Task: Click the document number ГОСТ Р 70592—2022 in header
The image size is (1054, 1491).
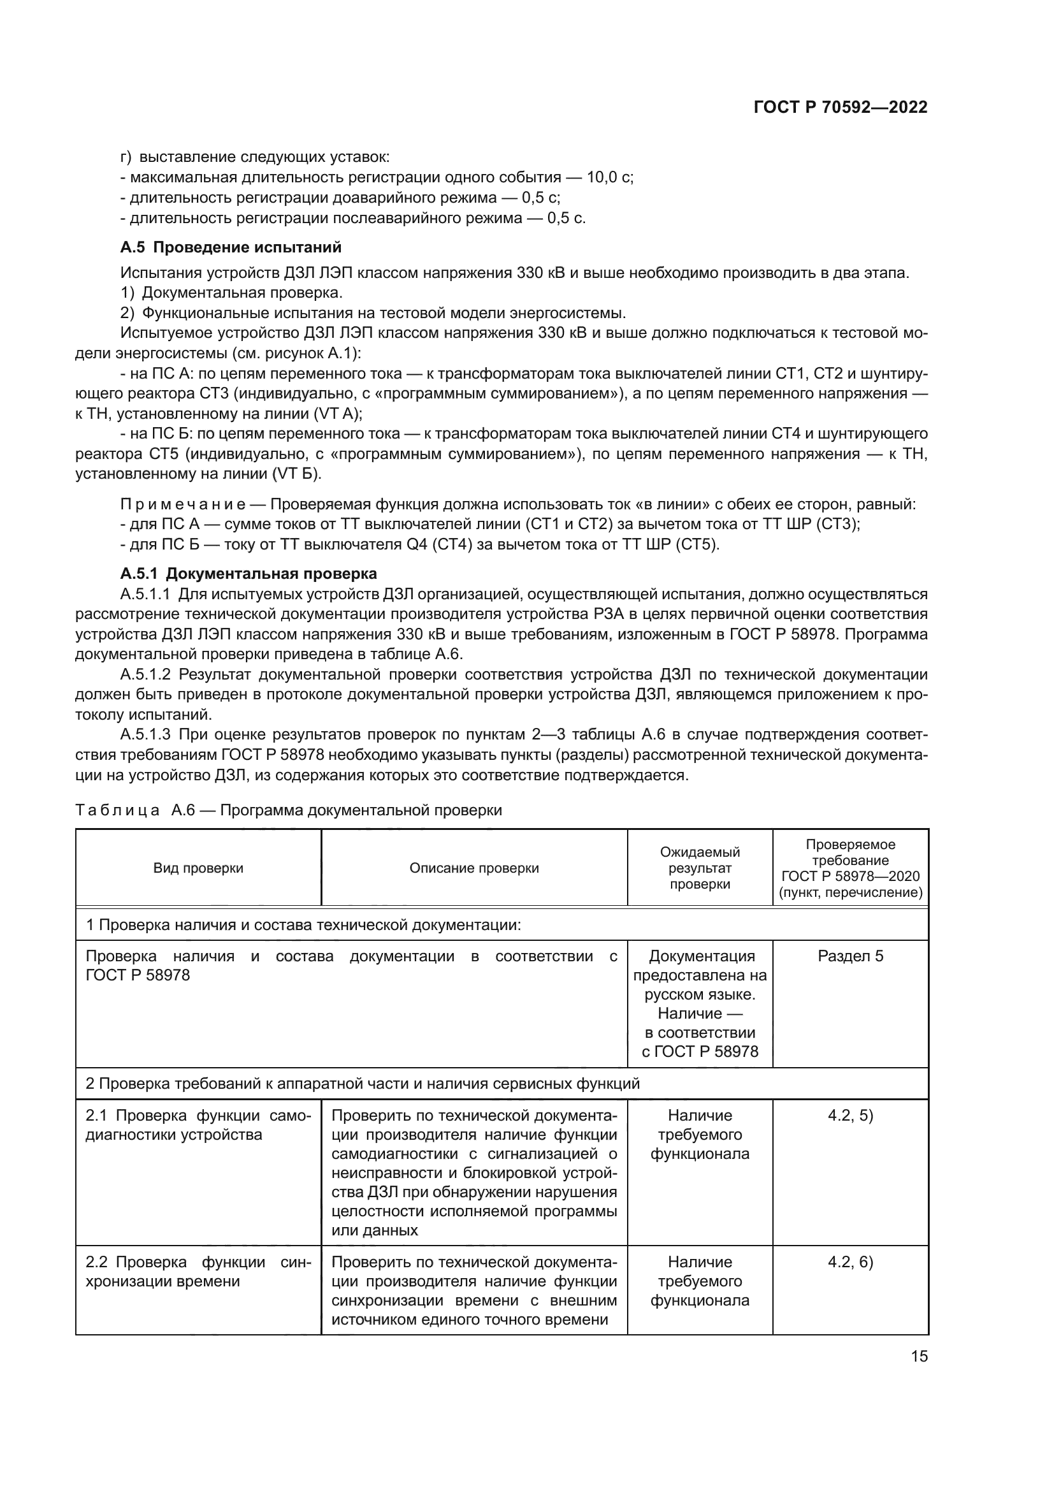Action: (840, 108)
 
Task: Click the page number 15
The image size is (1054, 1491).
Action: (919, 1356)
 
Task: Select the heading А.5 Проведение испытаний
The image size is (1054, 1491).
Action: (231, 247)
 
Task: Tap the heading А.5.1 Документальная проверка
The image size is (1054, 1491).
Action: (248, 574)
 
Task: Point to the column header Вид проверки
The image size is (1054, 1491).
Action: (198, 868)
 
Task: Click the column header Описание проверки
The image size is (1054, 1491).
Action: (473, 868)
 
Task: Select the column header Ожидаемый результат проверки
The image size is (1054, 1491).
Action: (700, 868)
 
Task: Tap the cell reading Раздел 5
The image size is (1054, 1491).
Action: (850, 956)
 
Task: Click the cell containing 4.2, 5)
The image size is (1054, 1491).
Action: (850, 1115)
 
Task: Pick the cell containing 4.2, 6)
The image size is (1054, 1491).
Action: (850, 1262)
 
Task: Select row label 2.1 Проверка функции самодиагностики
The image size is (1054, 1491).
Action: (198, 1124)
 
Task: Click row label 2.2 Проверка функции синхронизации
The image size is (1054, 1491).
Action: (198, 1272)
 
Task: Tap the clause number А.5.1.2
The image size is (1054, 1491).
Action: (145, 674)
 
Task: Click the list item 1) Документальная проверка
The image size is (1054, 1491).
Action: (232, 293)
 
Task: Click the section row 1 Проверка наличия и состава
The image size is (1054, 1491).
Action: (303, 925)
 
